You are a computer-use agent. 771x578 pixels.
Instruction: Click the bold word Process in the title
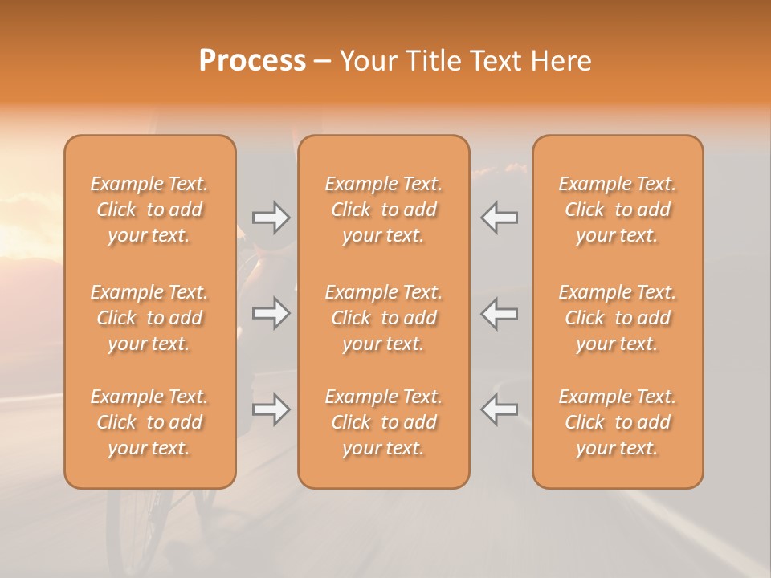(252, 61)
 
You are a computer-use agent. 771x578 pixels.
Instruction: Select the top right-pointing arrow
(271, 218)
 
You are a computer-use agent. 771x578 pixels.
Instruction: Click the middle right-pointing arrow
(271, 313)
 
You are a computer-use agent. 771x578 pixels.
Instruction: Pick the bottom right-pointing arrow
(271, 409)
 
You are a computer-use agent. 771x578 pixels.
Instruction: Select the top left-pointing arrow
(499, 218)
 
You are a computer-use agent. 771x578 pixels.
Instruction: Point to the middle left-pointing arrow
(499, 313)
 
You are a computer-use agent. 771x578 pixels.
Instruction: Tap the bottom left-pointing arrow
(499, 409)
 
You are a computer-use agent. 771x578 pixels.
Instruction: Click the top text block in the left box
(149, 210)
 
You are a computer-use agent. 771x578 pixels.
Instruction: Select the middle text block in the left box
(149, 318)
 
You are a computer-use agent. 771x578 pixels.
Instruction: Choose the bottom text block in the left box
(149, 422)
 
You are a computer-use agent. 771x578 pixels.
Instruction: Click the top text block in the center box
(384, 210)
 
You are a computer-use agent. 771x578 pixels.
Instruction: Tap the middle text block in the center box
(384, 318)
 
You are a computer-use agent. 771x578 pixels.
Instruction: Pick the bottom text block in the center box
(384, 422)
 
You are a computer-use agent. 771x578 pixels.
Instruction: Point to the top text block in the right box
(618, 210)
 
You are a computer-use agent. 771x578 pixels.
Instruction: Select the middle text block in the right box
(618, 318)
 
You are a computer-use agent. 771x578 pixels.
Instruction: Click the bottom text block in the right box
(618, 422)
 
